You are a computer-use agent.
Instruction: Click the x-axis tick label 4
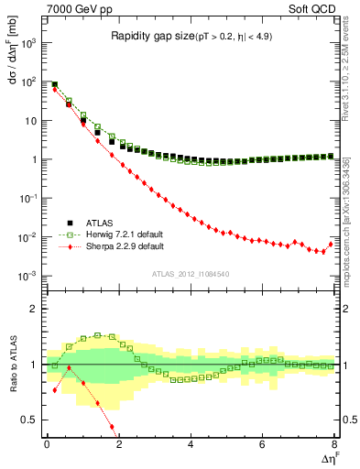click(190, 444)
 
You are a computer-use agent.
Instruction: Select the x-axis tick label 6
click(262, 444)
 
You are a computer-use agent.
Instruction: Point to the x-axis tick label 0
click(47, 444)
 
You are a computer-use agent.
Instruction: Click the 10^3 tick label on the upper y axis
click(29, 42)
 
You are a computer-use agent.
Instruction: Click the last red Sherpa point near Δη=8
click(331, 244)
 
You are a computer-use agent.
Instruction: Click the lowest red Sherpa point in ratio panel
click(112, 427)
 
